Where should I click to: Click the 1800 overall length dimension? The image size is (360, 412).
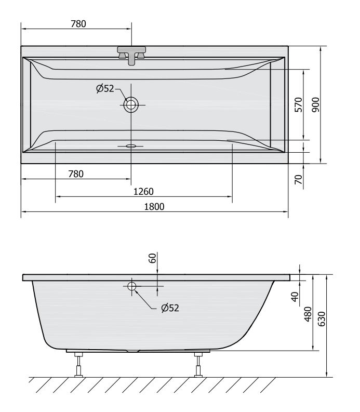click(154, 207)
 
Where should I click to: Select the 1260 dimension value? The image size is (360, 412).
click(143, 192)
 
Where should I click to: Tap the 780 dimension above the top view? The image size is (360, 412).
click(78, 24)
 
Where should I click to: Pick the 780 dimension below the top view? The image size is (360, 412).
click(76, 174)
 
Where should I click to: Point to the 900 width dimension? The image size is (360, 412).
click(316, 104)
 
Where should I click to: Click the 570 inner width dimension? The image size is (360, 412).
click(299, 104)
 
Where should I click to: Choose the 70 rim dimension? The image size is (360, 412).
click(299, 179)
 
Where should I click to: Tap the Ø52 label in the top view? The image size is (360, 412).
click(105, 88)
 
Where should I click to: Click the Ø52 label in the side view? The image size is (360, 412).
click(170, 308)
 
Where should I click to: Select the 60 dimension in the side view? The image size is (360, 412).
click(152, 258)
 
